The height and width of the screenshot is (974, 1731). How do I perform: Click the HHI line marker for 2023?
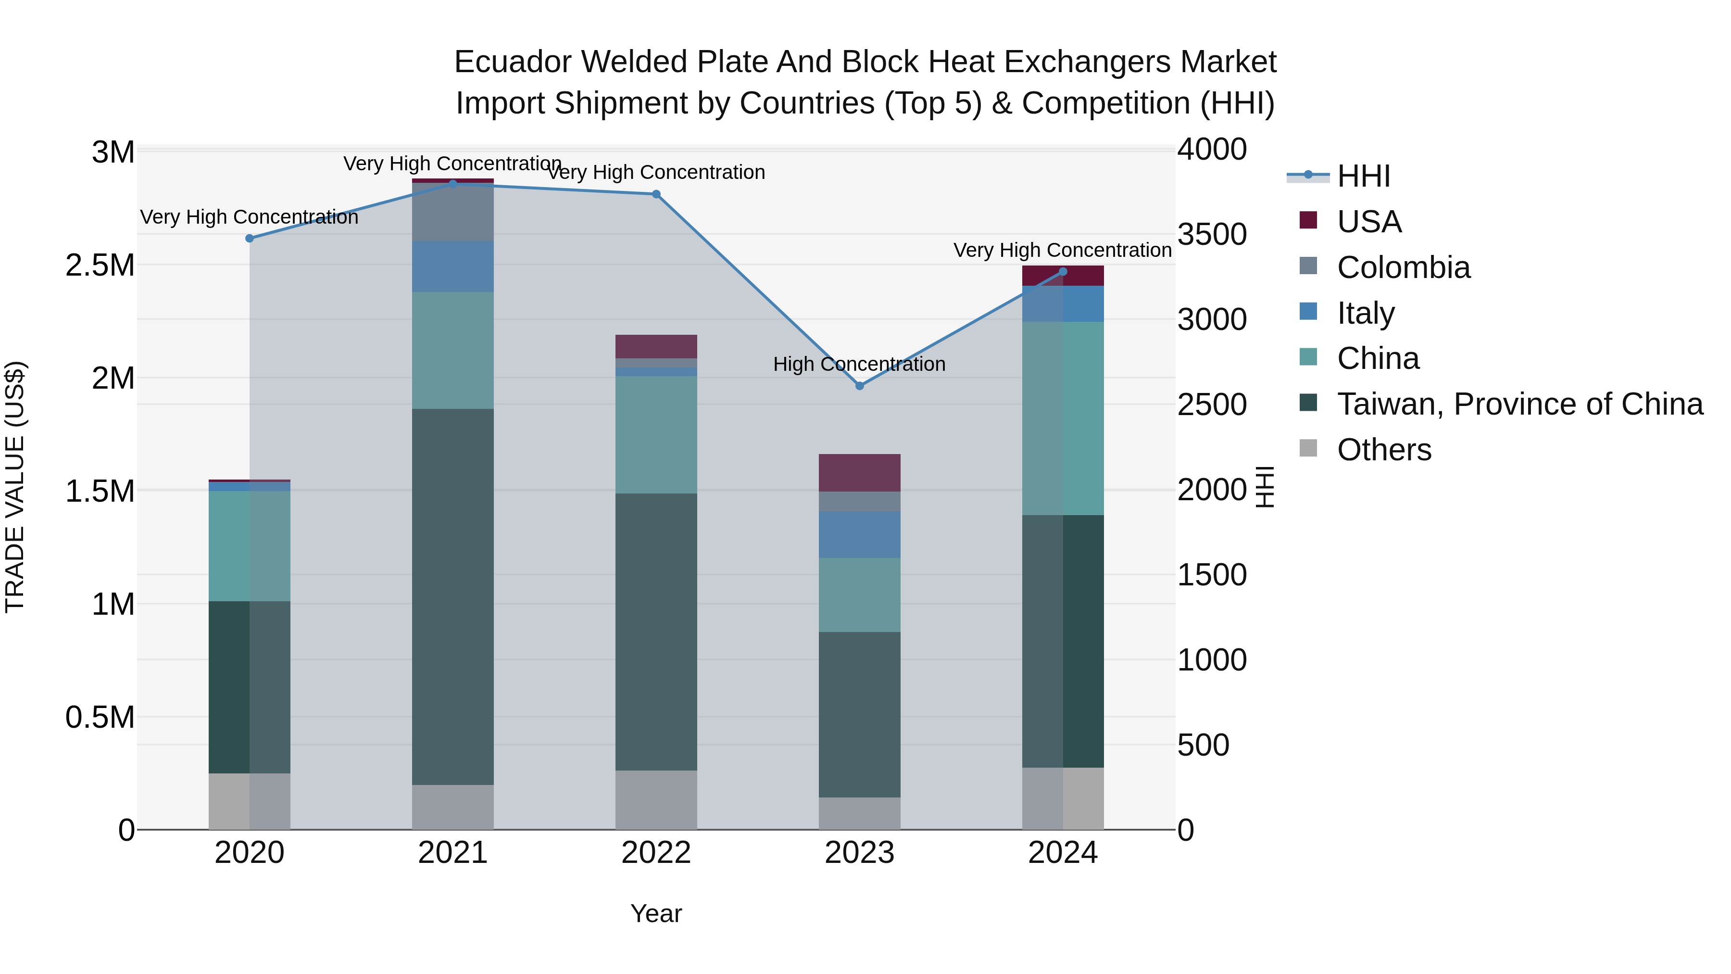pyautogui.click(x=859, y=386)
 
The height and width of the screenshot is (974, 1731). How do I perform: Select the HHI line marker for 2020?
pyautogui.click(x=249, y=239)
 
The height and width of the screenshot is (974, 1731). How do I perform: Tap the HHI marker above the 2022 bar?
pyautogui.click(x=656, y=194)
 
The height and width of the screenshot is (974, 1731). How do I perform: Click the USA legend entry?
pyautogui.click(x=1369, y=222)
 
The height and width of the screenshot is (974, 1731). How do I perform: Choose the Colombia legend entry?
pyautogui.click(x=1403, y=267)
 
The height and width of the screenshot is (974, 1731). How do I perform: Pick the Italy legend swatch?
pyautogui.click(x=1308, y=312)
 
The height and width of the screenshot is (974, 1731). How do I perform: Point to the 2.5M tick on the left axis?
pyautogui.click(x=100, y=266)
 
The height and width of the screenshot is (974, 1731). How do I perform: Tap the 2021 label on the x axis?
pyautogui.click(x=453, y=853)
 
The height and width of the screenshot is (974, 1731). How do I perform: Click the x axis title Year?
pyautogui.click(x=656, y=913)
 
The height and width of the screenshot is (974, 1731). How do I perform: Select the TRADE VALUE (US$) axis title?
pyautogui.click(x=15, y=487)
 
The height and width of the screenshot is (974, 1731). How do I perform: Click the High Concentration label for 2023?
pyautogui.click(x=859, y=364)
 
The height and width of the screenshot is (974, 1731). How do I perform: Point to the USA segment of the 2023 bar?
pyautogui.click(x=859, y=472)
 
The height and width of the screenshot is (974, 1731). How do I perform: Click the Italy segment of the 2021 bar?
pyautogui.click(x=453, y=266)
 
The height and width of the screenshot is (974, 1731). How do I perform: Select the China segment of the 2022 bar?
pyautogui.click(x=656, y=434)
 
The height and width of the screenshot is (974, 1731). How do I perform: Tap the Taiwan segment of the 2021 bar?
pyautogui.click(x=453, y=596)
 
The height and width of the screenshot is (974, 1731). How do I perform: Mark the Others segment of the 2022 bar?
pyautogui.click(x=656, y=800)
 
